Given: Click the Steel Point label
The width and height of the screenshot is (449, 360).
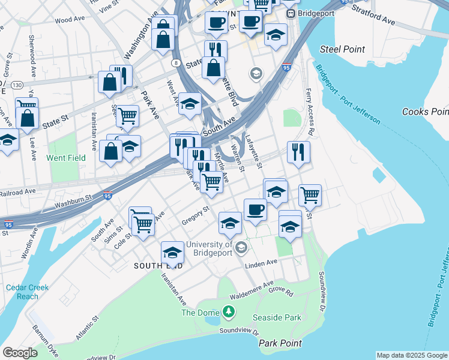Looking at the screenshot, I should pos(343,49).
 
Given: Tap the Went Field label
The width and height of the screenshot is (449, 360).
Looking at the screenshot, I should pos(67,158).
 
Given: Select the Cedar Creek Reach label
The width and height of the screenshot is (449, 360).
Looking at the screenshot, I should pos(28,292).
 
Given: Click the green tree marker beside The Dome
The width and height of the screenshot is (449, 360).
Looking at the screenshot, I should pos(228,311).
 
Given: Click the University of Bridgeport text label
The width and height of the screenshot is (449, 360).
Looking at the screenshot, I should pos(209,248).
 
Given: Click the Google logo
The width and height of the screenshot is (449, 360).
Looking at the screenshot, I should pos(20,353).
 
